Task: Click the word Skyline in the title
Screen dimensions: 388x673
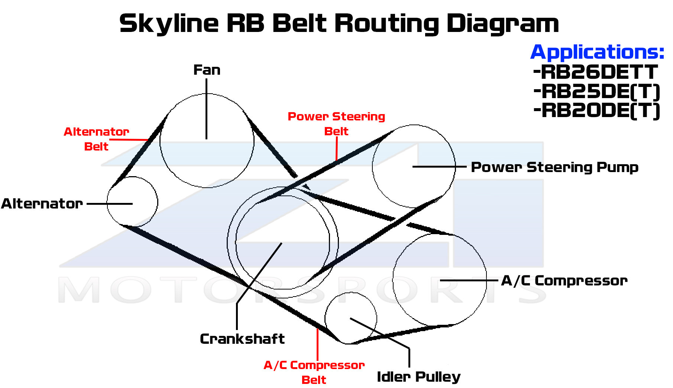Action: pos(169,23)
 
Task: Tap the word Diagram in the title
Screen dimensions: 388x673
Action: pos(502,23)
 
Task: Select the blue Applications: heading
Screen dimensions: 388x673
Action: pos(597,52)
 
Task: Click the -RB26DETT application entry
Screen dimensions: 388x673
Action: pos(595,72)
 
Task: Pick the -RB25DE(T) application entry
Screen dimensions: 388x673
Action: pos(597,91)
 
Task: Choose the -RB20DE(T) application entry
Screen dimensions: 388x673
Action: pos(597,110)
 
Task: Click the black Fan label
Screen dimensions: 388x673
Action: pos(207,70)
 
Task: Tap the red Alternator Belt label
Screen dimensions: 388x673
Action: pos(96,139)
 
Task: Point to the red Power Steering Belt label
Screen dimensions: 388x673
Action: pos(336,124)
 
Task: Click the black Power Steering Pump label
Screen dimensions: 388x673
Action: pos(554,167)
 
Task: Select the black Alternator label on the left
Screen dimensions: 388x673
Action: pos(42,204)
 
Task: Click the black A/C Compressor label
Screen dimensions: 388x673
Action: pos(564,281)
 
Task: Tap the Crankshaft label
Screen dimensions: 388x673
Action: pos(242,339)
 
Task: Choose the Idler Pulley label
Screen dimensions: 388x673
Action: pos(418,377)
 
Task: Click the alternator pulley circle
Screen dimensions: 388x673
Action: pos(132,202)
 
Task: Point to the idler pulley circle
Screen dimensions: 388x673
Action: pos(350,318)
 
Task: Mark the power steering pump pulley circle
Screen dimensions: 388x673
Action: pos(414,166)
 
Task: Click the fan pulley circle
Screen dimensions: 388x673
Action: pos(207,140)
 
